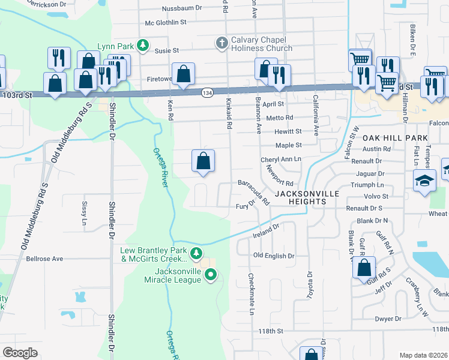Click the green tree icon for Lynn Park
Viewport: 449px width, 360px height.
143,44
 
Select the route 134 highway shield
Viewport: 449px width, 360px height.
207,93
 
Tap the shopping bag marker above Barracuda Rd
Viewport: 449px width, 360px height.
203,161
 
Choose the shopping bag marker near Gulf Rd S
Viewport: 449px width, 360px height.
364,268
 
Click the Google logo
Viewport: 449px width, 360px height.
20,353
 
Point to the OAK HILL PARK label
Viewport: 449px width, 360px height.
394,138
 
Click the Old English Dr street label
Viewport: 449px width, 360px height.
274,256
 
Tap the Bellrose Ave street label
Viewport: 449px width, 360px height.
44,259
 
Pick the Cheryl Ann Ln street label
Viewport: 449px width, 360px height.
280,160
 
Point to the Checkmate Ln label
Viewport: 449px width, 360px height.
251,294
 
